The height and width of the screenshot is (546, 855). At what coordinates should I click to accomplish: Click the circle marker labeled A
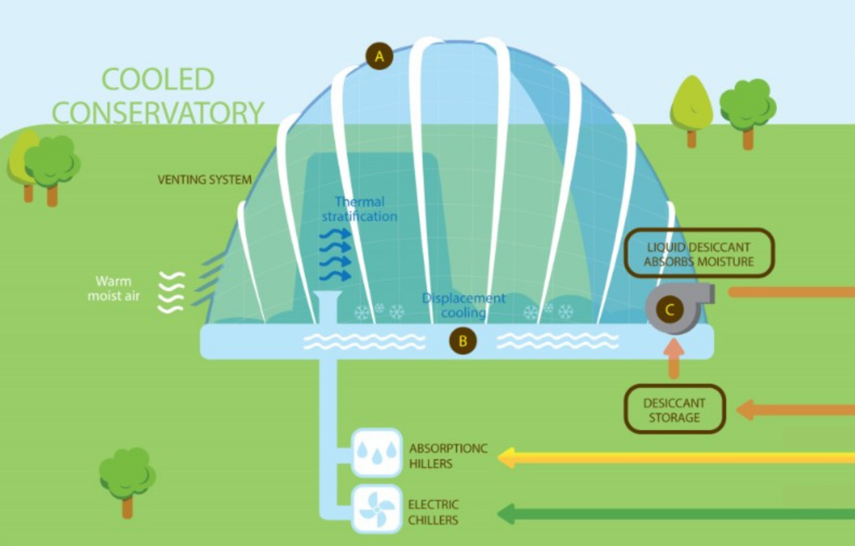coord(379,56)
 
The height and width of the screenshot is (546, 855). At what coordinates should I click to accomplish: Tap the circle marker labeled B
coord(463,341)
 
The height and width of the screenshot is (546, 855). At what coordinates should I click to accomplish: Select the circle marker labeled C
coord(670,310)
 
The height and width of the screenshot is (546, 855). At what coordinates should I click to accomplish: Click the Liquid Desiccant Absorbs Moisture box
coord(699,254)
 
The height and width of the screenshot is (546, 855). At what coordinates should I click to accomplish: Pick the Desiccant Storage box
coord(674,410)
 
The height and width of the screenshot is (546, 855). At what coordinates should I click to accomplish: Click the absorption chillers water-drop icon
coord(377,452)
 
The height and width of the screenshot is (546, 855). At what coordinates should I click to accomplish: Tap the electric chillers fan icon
coord(377,509)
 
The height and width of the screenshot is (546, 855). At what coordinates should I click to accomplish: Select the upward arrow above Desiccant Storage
coord(674,358)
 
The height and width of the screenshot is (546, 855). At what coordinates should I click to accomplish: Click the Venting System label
coord(205,179)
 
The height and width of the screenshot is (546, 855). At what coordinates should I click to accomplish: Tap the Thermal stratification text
coord(359,209)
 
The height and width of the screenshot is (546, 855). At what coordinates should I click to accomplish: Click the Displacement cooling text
coord(464,305)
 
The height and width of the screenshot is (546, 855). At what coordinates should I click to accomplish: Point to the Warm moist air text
coord(113,288)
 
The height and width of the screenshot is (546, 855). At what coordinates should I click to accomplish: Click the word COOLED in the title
coord(158,79)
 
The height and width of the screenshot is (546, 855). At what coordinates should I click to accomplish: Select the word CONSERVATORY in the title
coord(158,113)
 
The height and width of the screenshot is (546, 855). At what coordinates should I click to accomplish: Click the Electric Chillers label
coord(433,512)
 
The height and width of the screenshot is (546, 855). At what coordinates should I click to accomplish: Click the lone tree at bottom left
coord(127,478)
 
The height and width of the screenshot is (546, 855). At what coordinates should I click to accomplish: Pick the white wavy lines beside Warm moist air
coord(171,292)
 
